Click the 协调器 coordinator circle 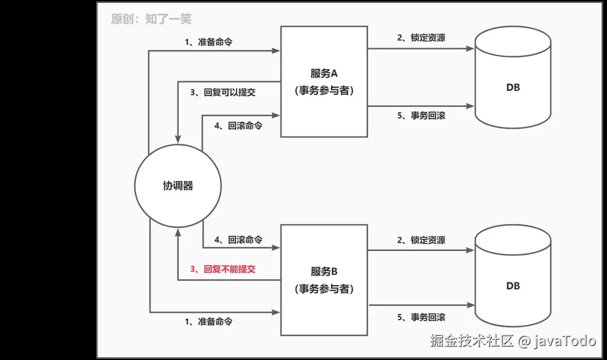tap(178, 186)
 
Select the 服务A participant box tap(324, 81)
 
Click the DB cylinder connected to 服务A tap(512, 77)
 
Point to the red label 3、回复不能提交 tap(223, 269)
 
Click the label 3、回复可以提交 tap(223, 93)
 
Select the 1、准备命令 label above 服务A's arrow tap(209, 42)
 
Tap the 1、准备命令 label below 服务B tap(209, 322)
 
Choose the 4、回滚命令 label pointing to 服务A tap(238, 126)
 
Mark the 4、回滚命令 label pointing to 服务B tap(238, 240)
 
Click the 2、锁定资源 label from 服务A tap(421, 38)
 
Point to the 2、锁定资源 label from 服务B tap(421, 240)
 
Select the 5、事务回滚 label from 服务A tap(421, 116)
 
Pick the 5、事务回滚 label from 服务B tap(421, 317)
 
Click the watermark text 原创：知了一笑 tap(151, 19)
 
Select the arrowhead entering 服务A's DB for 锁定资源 tap(470, 49)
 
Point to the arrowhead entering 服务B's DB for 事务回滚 tap(470, 305)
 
